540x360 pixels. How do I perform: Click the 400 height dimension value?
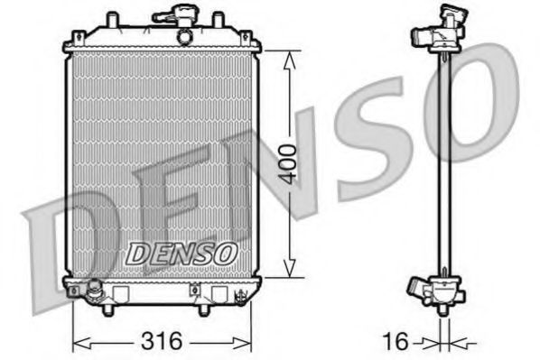tap(287, 162)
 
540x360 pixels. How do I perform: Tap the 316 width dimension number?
tap(163, 342)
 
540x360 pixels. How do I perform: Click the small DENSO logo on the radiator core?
tap(181, 254)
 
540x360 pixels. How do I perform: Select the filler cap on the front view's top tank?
tap(172, 15)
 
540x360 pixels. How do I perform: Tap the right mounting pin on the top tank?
tap(217, 18)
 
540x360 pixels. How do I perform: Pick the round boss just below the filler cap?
tap(183, 36)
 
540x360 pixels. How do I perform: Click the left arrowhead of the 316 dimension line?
tap(77, 342)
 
